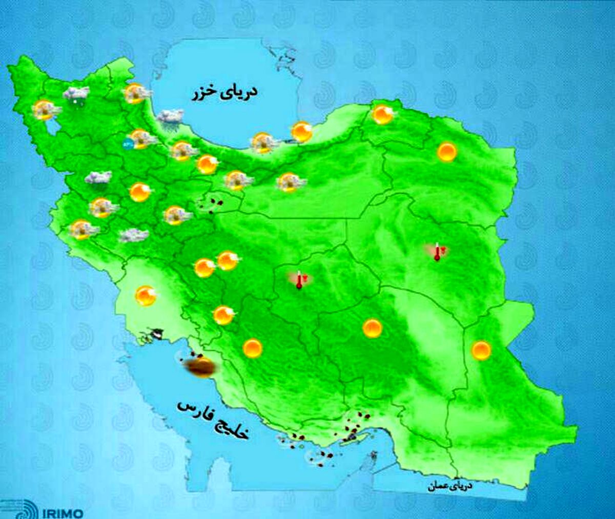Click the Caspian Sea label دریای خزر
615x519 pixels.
pyautogui.click(x=224, y=93)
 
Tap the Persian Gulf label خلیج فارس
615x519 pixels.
pyautogui.click(x=213, y=420)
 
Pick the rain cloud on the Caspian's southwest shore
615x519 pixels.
pyautogui.click(x=170, y=117)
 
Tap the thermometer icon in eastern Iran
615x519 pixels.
pyautogui.click(x=437, y=252)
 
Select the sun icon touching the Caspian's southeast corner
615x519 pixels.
pyautogui.click(x=301, y=132)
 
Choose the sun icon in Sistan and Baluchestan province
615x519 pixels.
pyautogui.click(x=481, y=350)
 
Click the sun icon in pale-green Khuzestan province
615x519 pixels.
pyautogui.click(x=146, y=296)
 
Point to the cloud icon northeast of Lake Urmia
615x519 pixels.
pyautogui.click(x=76, y=93)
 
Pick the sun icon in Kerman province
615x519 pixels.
pyautogui.click(x=372, y=328)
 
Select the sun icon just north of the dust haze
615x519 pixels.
pyautogui.click(x=223, y=315)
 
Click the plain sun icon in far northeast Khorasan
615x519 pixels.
pyautogui.click(x=447, y=152)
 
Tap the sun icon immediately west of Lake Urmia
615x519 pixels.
pyautogui.click(x=45, y=110)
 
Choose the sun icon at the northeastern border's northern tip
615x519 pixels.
pyautogui.click(x=382, y=115)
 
